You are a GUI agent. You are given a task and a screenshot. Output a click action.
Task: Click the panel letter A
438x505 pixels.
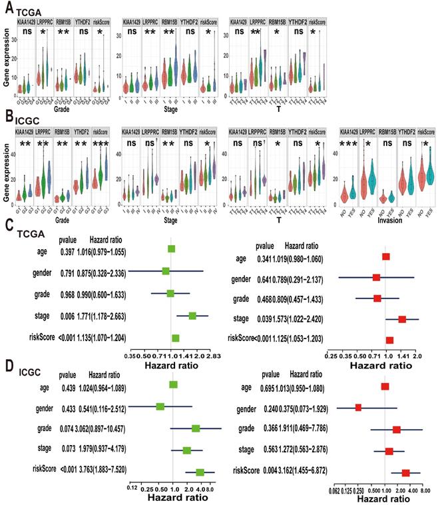(x=6, y=8)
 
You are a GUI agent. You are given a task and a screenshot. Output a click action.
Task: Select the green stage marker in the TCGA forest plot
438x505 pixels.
(x=192, y=316)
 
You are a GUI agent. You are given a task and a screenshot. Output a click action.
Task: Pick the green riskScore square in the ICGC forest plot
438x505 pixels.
(x=200, y=472)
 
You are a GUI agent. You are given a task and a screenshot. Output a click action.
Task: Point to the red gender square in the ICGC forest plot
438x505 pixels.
(x=358, y=406)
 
